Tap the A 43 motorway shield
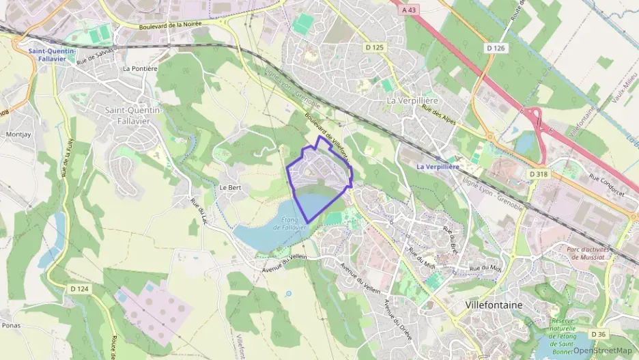pos(409,10)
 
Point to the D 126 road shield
pos(496,48)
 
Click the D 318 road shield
pos(538,175)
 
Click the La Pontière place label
pos(140,69)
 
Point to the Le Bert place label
pos(230,186)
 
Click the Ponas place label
pos(12,325)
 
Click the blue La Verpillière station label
pos(438,167)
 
